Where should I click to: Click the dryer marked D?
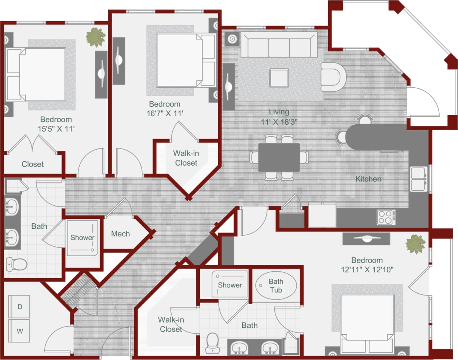pos(19,306)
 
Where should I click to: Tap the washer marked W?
pos(19,331)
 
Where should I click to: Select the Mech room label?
pos(120,234)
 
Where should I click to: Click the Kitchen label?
pos(368,179)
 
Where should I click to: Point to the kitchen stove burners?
pos(386,217)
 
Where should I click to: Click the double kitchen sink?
pos(419,179)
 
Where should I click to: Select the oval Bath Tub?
pos(276,286)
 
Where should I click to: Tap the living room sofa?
pos(279,45)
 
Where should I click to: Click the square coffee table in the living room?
pos(279,78)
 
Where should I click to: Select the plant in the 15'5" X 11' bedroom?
pos(95,37)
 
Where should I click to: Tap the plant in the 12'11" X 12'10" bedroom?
pos(415,244)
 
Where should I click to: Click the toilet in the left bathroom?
pos(17,264)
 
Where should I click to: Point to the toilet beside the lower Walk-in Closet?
pos(212,343)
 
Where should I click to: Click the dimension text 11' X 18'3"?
pos(279,122)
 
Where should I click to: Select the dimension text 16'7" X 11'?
pos(165,114)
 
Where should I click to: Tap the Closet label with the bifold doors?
pos(33,164)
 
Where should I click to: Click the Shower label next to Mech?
pos(82,238)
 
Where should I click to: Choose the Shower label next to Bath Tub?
pos(230,285)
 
